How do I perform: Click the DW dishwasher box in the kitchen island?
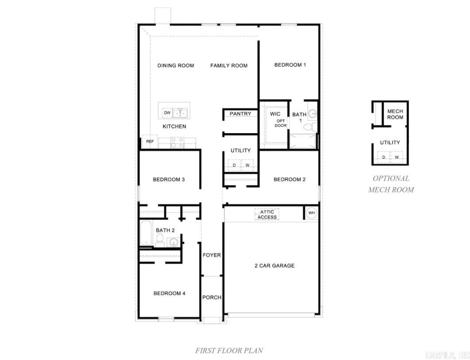click(167, 113)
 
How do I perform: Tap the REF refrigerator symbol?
click(150, 142)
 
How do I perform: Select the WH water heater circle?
click(312, 213)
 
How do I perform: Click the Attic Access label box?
click(267, 214)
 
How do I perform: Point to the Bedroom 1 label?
click(290, 65)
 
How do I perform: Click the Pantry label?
click(240, 114)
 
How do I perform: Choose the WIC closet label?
click(275, 114)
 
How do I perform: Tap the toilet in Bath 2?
click(160, 241)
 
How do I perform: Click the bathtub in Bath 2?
click(146, 233)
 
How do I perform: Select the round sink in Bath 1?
click(312, 114)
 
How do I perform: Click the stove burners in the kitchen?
click(177, 142)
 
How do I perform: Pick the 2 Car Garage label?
click(274, 266)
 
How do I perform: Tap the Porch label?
click(212, 297)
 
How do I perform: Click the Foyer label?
click(212, 255)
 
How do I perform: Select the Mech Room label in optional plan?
click(395, 114)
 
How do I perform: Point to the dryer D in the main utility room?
click(235, 165)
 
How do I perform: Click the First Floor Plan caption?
click(229, 350)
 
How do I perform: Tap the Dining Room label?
click(176, 65)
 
